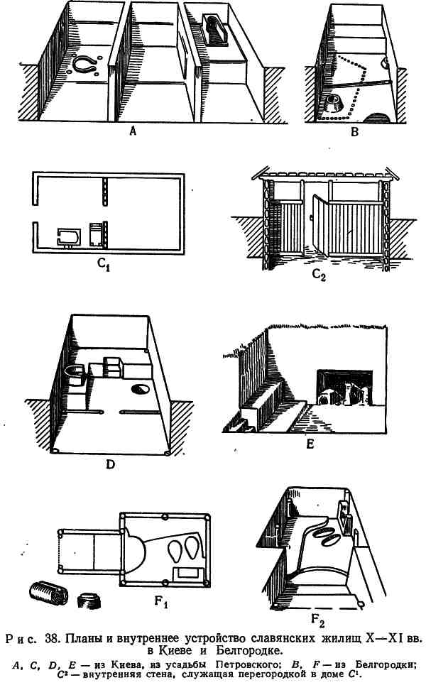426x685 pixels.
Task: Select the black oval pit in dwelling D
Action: tap(140, 388)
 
